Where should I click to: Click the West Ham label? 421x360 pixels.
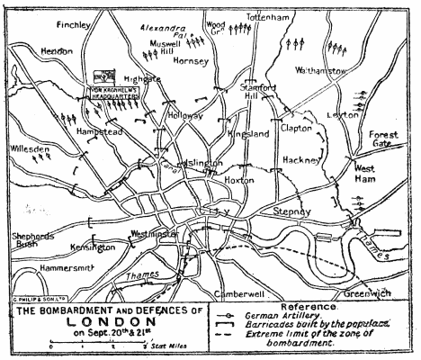(x=366, y=173)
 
